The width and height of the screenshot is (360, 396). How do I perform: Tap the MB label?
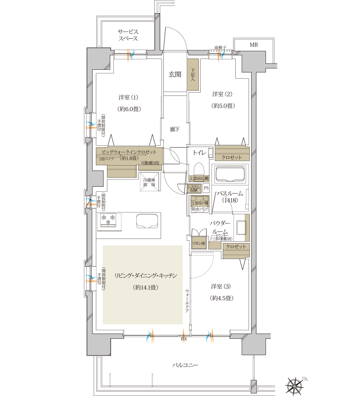(x=254, y=44)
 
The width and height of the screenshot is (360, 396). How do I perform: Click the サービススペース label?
(x=128, y=36)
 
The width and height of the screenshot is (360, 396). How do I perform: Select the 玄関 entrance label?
(x=175, y=75)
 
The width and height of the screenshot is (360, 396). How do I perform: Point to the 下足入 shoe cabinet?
(x=193, y=75)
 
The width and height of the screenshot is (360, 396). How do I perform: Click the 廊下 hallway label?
(x=175, y=130)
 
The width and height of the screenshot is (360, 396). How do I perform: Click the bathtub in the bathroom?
(x=230, y=174)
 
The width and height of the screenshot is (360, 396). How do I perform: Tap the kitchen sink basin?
(x=147, y=222)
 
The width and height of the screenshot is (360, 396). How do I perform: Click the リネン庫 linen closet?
(x=198, y=243)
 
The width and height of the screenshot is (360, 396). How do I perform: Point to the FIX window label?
(x=184, y=339)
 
